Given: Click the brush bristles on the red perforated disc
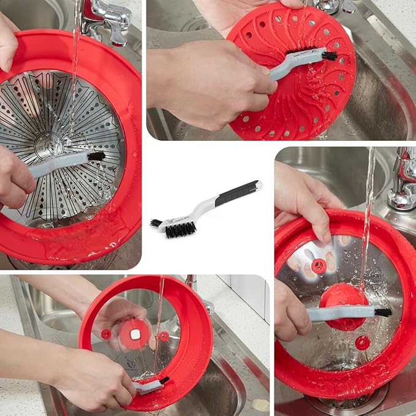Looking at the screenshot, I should click(x=329, y=56).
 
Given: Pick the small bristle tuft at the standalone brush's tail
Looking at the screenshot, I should click(x=156, y=223).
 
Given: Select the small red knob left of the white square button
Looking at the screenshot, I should click(x=107, y=334).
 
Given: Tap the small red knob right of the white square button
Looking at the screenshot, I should click(x=164, y=336).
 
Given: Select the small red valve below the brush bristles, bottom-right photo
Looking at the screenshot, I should click(x=362, y=342).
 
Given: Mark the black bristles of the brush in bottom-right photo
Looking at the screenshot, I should click(x=383, y=312).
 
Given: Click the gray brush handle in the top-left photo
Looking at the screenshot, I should click(x=58, y=164).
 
